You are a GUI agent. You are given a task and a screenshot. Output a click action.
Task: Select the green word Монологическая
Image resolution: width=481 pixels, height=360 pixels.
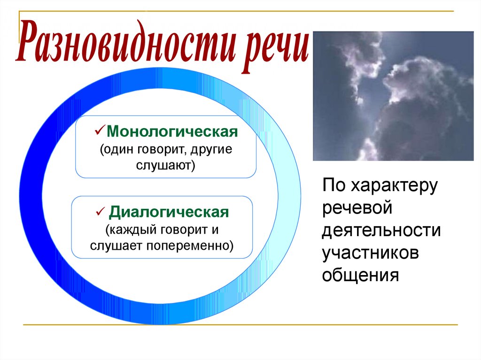pos(172,131)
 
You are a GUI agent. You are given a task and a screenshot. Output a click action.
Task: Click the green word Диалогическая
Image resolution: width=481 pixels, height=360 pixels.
pos(169,212)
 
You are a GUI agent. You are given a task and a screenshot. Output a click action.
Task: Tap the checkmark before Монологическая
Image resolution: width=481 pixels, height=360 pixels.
pos(100,130)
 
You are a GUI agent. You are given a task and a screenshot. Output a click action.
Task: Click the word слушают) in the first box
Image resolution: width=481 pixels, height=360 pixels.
pos(166,165)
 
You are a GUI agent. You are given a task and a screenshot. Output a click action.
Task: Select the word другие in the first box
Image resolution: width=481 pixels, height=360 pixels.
pos(211,150)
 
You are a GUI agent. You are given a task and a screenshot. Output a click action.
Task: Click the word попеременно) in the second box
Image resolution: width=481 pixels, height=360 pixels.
pos(190,245)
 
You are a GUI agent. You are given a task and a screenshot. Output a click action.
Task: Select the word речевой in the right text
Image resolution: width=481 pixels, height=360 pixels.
pos(357,207)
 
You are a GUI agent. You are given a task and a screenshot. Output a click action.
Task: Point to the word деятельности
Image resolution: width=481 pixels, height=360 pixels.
pos(381,230)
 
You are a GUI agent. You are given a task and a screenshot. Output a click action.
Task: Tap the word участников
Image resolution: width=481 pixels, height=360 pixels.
pos(370,253)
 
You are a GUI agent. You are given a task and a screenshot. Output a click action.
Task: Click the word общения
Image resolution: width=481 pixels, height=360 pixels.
pos(360,275)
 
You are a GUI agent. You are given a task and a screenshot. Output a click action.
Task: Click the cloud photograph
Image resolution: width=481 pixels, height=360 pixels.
pos(393,96)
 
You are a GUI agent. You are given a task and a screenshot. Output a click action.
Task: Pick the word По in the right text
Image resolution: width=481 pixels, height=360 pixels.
pos(334,185)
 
